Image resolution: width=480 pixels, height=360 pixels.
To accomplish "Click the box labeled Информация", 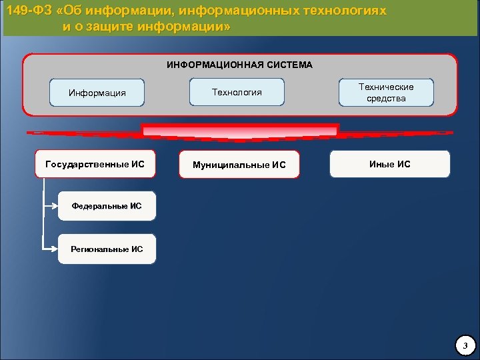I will click(x=97, y=93).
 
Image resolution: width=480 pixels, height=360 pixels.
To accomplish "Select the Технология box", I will click(x=237, y=92).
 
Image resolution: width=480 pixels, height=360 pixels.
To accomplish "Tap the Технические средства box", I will click(x=386, y=93).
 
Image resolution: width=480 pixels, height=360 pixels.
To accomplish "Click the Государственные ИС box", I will click(x=95, y=163).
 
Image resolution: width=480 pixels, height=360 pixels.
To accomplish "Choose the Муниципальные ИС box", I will click(x=239, y=165).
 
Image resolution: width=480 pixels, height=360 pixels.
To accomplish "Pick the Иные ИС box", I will click(x=389, y=163).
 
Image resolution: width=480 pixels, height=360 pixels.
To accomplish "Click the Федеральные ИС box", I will click(x=107, y=206).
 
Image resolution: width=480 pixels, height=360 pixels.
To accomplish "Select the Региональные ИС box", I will click(x=107, y=249).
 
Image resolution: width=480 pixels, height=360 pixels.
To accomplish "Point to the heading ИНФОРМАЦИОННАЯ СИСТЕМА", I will click(x=239, y=65).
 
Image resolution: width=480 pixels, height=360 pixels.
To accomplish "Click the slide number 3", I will click(x=465, y=345).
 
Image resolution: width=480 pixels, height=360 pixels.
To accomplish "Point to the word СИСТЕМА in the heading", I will click(x=286, y=65).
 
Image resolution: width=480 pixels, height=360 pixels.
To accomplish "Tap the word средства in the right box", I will click(x=386, y=99).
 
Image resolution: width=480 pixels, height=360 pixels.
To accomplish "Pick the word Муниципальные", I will click(x=226, y=165).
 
